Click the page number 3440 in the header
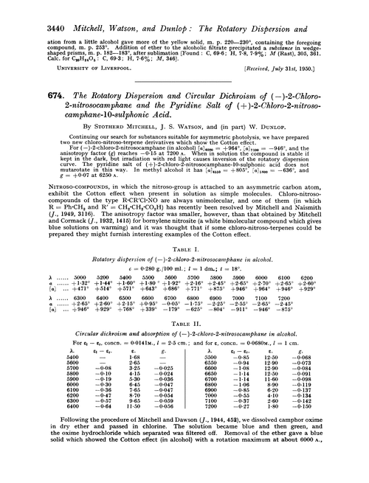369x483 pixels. [27, 10]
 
